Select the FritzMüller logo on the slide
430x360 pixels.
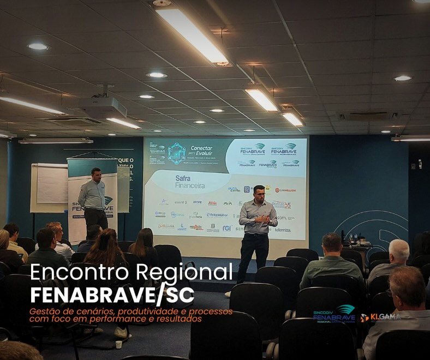[x=217, y=215]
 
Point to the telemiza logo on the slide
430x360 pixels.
[x=283, y=230]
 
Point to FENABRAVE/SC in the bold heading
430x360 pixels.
[x=112, y=295]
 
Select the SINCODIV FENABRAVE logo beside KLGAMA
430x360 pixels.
[x=334, y=314]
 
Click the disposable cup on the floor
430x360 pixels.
[x=118, y=344]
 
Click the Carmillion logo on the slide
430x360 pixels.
[x=285, y=190]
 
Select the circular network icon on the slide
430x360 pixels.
[x=176, y=153]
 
